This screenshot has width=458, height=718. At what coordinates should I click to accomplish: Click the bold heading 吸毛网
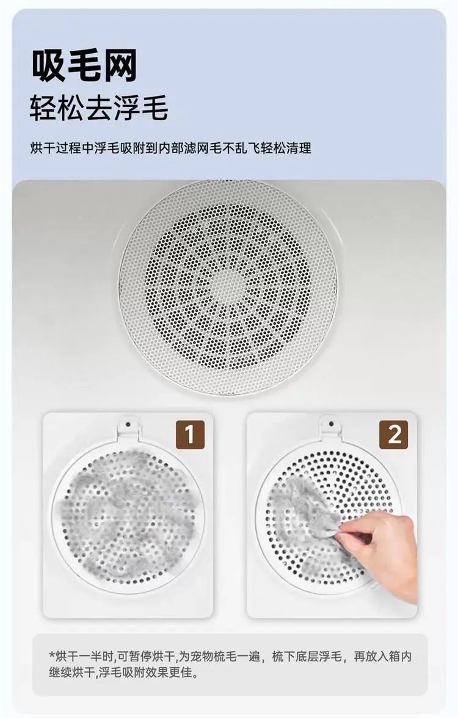click(84, 67)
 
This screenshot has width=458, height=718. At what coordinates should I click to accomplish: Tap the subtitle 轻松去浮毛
click(99, 109)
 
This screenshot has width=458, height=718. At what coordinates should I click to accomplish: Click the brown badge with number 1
click(190, 434)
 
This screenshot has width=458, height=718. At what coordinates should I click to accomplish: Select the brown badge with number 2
click(394, 434)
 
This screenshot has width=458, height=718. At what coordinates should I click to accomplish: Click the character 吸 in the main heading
click(48, 67)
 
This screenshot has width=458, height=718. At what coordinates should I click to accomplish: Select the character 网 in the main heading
click(120, 67)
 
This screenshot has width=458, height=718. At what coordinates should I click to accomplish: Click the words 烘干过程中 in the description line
click(62, 148)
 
